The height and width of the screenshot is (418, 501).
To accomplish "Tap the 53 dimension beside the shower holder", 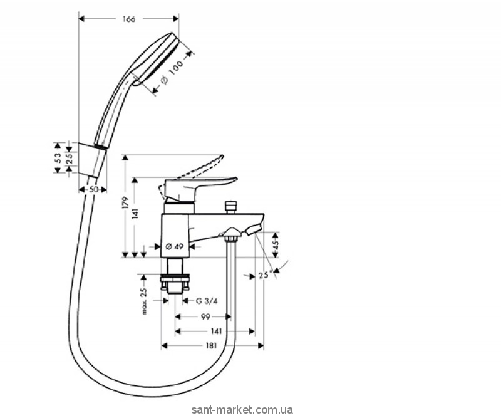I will (58, 158).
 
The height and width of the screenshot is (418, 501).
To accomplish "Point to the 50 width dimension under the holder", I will (91, 190).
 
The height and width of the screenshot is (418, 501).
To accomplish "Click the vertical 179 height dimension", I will (125, 203).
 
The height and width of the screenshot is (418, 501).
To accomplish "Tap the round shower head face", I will (165, 60).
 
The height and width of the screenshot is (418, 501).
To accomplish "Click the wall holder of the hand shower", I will (92, 157).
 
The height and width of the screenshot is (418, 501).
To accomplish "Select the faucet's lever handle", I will (204, 184).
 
